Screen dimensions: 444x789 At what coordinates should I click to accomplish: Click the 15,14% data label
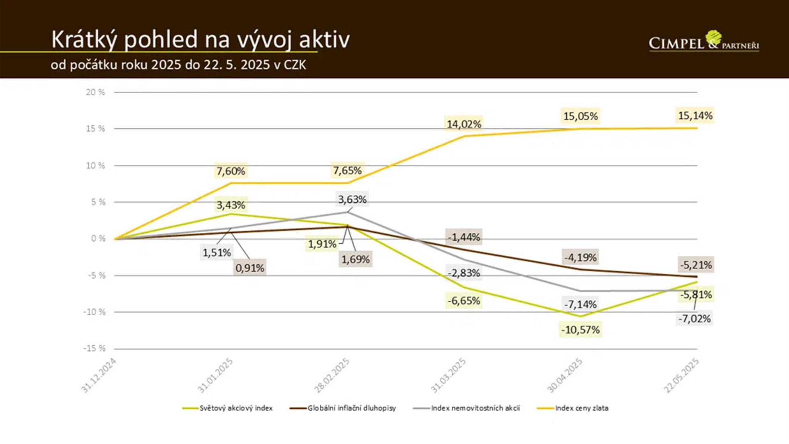coord(695,116)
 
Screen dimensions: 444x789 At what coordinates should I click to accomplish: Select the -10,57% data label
coord(580,330)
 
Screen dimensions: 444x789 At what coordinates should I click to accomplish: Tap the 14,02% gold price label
coord(464,124)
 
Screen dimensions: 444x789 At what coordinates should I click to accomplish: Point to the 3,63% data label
coord(352,199)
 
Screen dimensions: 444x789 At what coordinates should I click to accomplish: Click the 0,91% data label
coord(249,268)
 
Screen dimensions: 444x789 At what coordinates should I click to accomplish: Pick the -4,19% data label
coord(580,257)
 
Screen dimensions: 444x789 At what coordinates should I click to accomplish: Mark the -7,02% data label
coord(694,319)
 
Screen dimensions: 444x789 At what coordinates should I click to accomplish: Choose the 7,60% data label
coord(231,171)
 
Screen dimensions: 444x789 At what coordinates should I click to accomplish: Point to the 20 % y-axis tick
coord(95,92)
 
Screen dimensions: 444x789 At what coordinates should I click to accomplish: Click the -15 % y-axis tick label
coord(95,349)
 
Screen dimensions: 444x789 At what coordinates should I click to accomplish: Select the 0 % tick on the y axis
coord(98,239)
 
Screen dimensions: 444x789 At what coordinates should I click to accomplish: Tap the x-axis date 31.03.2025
coord(448,375)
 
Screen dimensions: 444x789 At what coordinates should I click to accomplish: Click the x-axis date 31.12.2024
coord(99,375)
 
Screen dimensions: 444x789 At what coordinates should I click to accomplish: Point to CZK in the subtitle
coord(295,65)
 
